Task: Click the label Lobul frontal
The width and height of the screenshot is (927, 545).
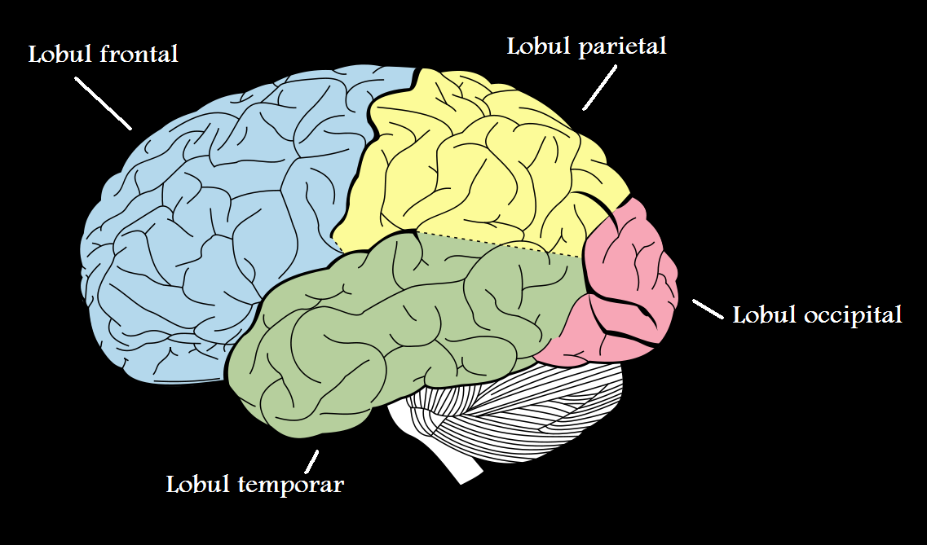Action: coord(103,55)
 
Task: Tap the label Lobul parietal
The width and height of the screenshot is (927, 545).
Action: coord(586,46)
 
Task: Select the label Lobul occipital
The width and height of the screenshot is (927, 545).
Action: coord(817,314)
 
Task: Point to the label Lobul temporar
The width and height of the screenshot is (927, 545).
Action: coord(254,485)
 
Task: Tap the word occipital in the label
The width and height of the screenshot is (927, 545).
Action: coord(853,314)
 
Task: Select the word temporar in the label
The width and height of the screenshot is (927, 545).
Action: coord(291,485)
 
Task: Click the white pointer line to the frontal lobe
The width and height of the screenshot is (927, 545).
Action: coord(102,103)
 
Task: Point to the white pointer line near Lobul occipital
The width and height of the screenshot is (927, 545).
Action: coord(707,309)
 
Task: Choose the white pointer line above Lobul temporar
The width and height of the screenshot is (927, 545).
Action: coord(311,459)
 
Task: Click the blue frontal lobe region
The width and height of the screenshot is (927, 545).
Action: coord(204,228)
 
